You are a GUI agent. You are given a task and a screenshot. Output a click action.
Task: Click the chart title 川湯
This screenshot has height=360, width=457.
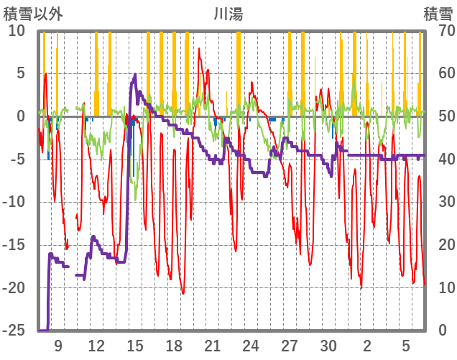228,13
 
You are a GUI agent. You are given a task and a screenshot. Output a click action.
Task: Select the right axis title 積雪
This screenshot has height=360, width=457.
437,13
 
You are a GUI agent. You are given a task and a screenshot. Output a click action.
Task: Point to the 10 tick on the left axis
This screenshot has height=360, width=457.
17,31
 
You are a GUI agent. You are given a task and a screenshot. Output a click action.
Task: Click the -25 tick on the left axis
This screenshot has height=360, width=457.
14,331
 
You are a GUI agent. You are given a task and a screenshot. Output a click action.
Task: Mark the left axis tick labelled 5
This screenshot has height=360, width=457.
20,73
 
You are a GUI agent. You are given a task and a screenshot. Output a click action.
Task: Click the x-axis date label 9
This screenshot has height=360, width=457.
57,346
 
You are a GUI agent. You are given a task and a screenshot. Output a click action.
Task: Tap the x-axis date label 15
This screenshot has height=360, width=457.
135,346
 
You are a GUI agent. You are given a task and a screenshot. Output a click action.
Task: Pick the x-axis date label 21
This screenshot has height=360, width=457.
212,346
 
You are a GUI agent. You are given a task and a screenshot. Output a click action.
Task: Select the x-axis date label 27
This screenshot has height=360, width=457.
290,346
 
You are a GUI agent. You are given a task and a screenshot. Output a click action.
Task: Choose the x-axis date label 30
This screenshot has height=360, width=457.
328,346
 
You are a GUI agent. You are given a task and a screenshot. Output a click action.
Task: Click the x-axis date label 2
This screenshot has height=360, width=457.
367,346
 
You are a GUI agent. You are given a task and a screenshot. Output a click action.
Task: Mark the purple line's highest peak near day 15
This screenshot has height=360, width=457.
135,75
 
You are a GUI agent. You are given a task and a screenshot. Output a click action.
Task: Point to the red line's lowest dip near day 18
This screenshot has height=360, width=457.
183,293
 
